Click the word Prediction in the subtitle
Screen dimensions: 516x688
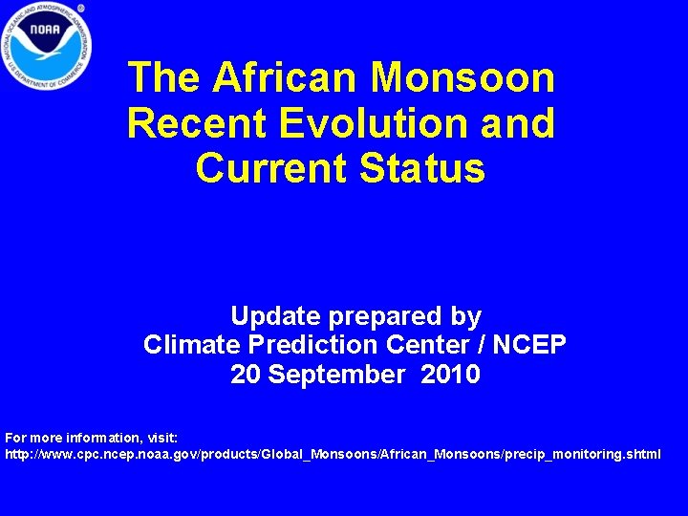point(309,345)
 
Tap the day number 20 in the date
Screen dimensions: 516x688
point(246,375)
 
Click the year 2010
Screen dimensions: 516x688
point(450,375)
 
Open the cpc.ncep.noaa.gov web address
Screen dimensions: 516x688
point(333,454)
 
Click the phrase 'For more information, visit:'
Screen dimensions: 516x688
point(91,438)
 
